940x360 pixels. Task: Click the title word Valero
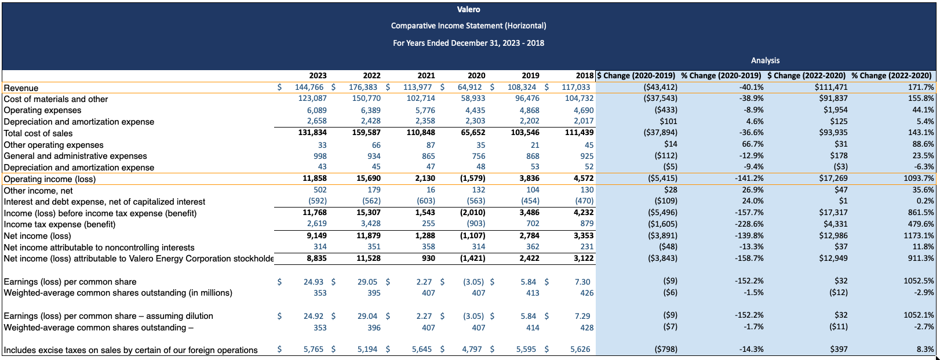pyautogui.click(x=468, y=9)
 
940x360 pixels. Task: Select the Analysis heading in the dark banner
pyautogui.click(x=765, y=60)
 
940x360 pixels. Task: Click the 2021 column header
pyautogui.click(x=426, y=75)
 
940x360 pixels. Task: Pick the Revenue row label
pyautogui.click(x=21, y=88)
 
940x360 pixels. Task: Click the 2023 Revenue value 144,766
pyautogui.click(x=309, y=88)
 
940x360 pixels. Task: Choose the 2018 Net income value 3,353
pyautogui.click(x=584, y=236)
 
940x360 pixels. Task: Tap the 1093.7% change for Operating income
pyautogui.click(x=919, y=179)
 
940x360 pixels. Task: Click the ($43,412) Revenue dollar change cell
pyautogui.click(x=661, y=88)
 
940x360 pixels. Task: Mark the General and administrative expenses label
pyautogui.click(x=75, y=156)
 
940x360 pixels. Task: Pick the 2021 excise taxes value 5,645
pyautogui.click(x=423, y=350)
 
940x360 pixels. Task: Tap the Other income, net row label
pyautogui.click(x=38, y=190)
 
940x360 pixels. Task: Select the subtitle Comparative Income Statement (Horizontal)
pyautogui.click(x=468, y=26)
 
